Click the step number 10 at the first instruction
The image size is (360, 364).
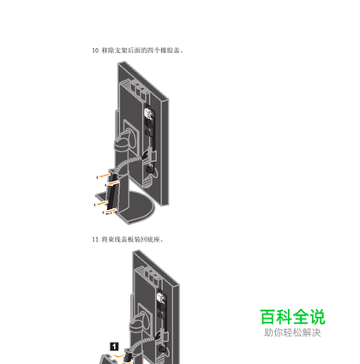pos(95,51)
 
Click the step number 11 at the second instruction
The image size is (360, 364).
pos(95,239)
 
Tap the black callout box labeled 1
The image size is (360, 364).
pos(114,347)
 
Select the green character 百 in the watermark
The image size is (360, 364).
pos(268,317)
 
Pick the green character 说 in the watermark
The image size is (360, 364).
pos(317,317)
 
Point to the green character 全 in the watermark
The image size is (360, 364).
pos(301,317)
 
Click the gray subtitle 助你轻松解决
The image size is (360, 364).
pos(292,332)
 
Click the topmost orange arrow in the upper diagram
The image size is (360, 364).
pos(104,176)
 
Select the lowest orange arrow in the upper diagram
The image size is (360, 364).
pos(111,211)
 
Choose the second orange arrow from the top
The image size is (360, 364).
pos(113,182)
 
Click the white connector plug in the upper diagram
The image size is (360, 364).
pos(148,113)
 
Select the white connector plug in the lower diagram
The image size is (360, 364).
pos(161,298)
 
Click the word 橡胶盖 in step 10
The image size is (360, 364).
pos(171,51)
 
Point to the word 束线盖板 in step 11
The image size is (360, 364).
pos(115,239)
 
